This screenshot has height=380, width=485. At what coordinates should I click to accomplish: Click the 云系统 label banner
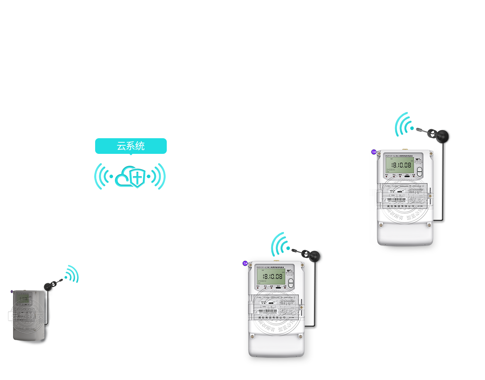tap(131, 146)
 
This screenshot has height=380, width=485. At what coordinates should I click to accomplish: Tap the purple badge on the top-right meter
tap(374, 152)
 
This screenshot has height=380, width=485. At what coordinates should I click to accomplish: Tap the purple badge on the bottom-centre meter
tap(245, 263)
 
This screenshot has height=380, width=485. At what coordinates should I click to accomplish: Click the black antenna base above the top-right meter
tap(444, 136)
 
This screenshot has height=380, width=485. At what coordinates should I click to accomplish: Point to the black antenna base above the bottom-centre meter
tap(314, 256)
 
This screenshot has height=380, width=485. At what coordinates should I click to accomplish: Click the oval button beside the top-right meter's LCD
tap(419, 171)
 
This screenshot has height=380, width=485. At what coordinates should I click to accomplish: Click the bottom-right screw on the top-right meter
tap(429, 225)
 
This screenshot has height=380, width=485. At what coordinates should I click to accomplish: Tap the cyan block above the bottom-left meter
tap(72, 274)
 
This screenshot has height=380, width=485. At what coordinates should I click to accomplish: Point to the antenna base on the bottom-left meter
tap(49, 286)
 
